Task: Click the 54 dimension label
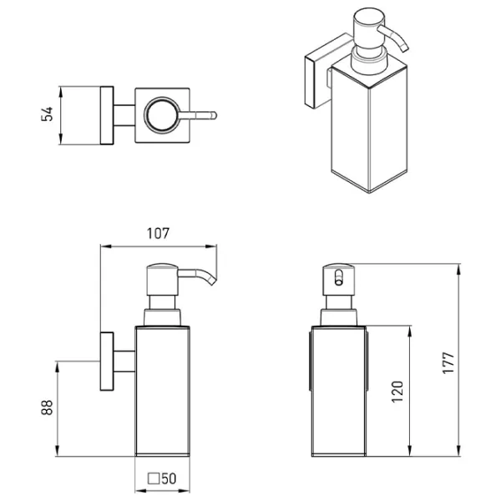pos(47,114)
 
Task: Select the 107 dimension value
pos(158,234)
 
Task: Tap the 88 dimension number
pos(47,407)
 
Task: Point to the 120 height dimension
pos(397,392)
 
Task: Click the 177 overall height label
pos(448,362)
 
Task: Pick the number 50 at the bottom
pos(169,478)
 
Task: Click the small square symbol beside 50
pos(154,478)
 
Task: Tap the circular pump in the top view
pos(162,115)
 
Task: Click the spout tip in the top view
pos(215,115)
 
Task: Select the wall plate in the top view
pos(107,115)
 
